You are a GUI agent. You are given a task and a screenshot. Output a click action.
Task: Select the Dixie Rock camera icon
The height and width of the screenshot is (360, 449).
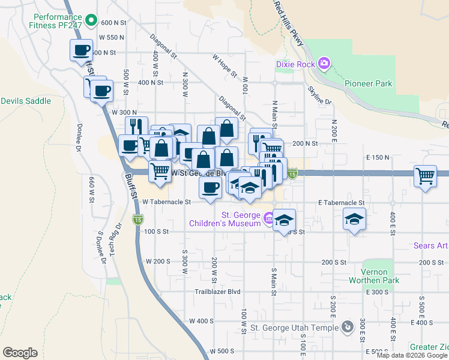(x=324, y=63)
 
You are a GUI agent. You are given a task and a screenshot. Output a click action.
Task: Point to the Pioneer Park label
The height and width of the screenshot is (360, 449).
(x=369, y=83)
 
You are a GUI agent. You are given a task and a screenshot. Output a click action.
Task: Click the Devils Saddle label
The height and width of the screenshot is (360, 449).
(x=26, y=101)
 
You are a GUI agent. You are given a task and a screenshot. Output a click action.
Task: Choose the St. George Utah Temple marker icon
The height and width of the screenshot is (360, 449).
(x=347, y=327)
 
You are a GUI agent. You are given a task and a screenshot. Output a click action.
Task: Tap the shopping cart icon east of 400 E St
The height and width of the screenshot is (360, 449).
(x=425, y=177)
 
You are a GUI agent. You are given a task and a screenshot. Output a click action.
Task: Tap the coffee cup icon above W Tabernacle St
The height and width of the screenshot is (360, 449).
(x=210, y=187)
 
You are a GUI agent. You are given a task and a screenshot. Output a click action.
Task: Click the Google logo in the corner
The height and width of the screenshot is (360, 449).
(x=20, y=352)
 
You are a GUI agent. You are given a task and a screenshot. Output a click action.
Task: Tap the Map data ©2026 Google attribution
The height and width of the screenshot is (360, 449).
(x=411, y=355)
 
